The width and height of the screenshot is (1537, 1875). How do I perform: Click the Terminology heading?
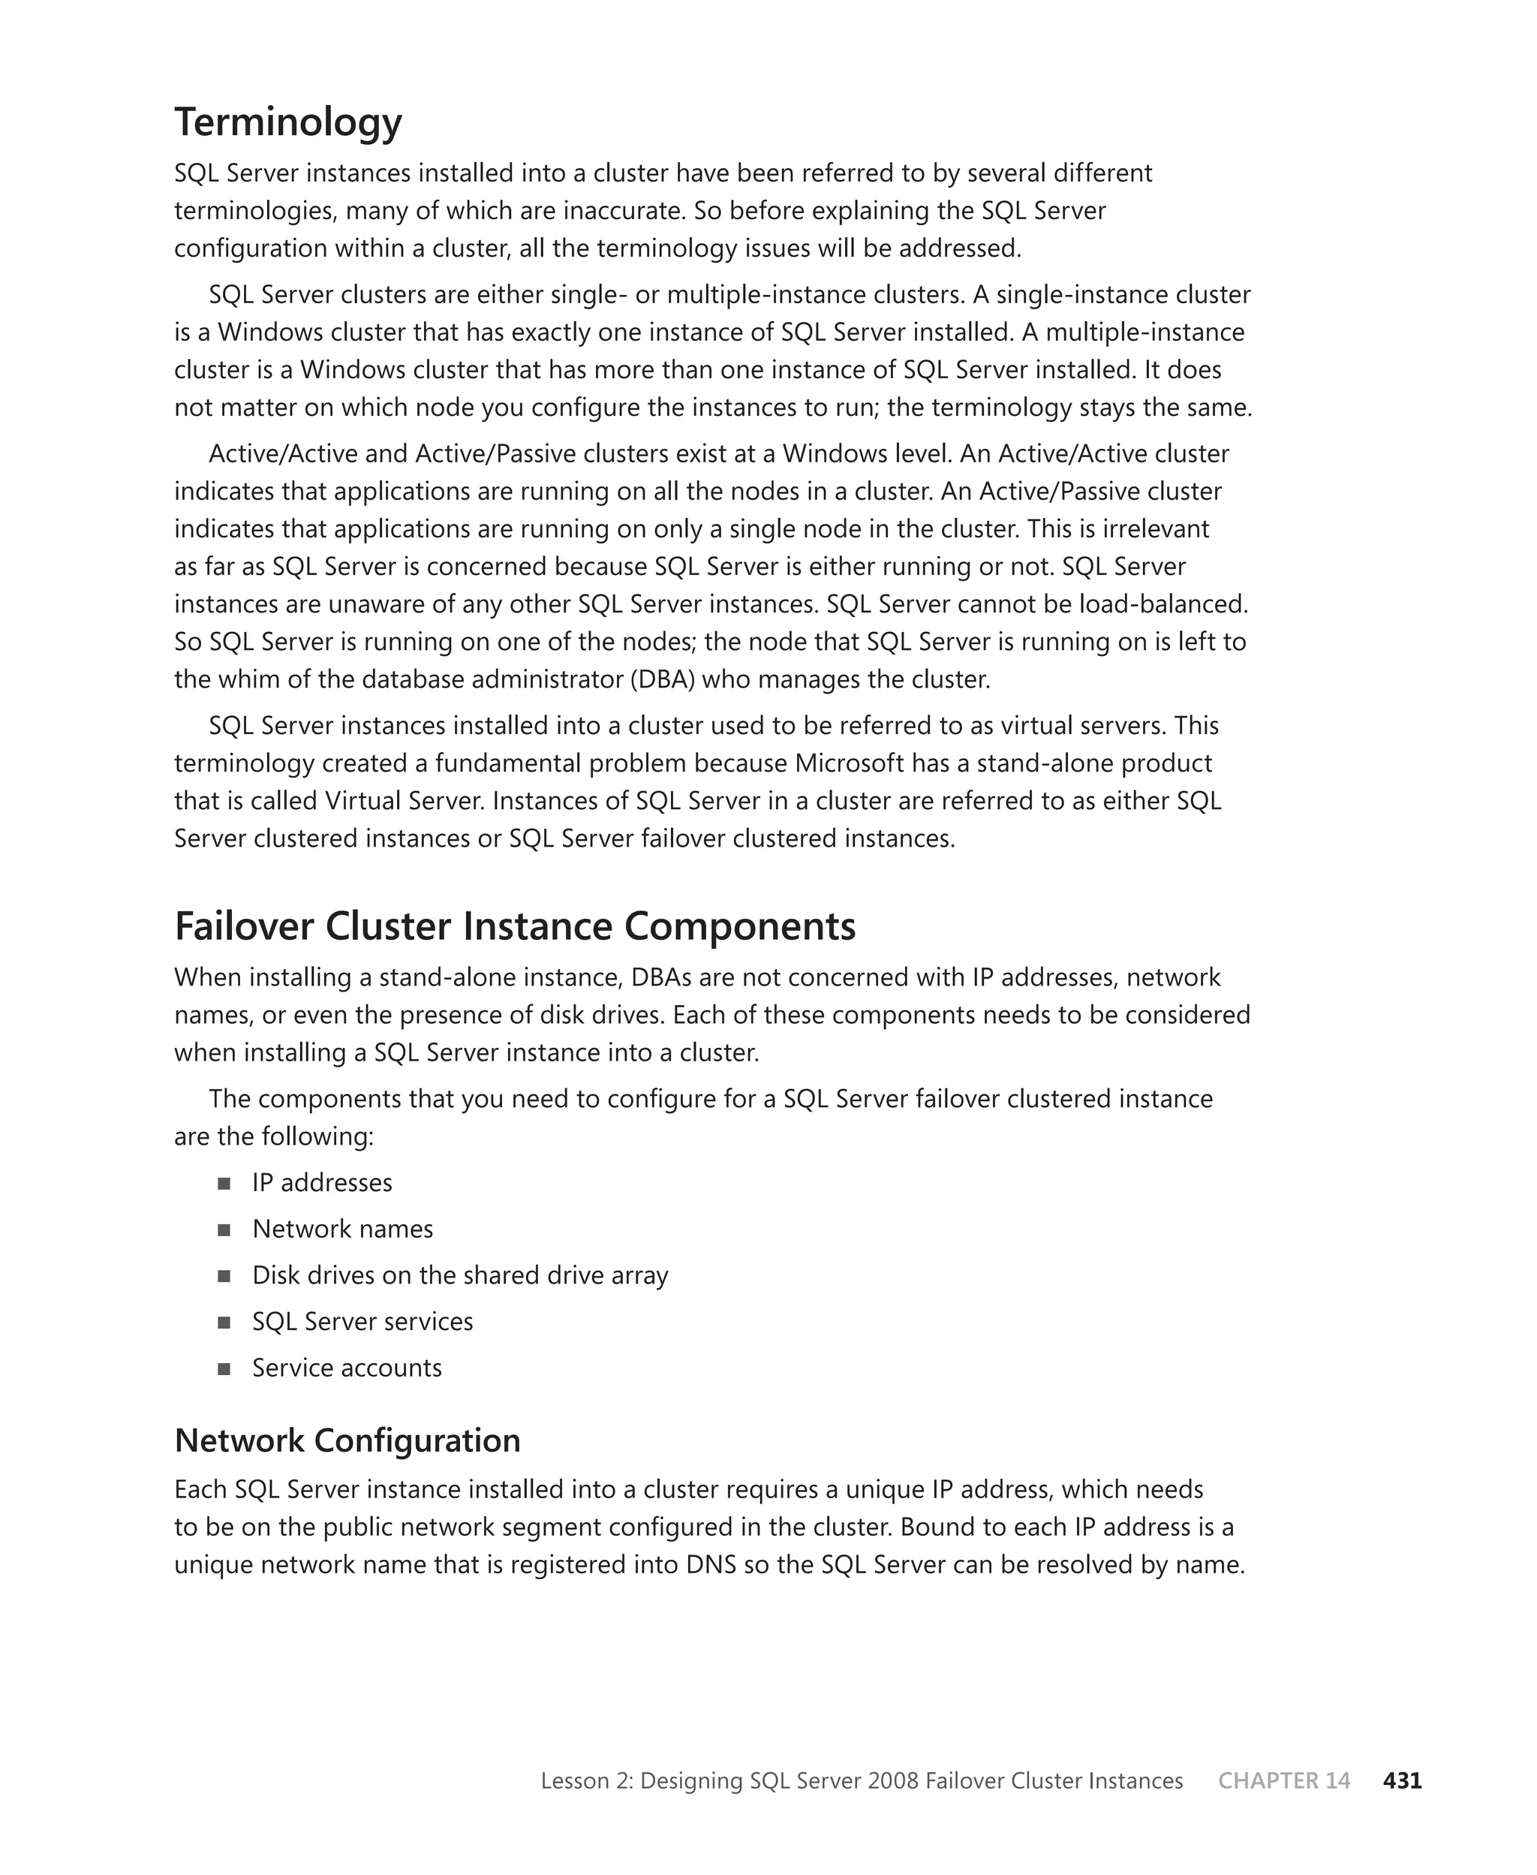(x=287, y=122)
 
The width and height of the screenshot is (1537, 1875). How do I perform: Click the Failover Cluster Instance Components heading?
(x=514, y=927)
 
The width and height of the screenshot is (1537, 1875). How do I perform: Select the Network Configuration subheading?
(x=347, y=1440)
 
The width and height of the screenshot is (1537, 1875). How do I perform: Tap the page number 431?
(x=1402, y=1780)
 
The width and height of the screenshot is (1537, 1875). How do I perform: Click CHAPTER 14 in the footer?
(x=1284, y=1780)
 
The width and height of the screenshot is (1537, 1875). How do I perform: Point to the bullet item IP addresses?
(x=321, y=1183)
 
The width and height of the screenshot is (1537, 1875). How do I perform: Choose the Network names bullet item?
(x=343, y=1229)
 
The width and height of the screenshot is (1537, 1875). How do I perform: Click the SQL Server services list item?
(x=362, y=1322)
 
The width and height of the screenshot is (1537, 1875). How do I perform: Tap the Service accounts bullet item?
(x=346, y=1368)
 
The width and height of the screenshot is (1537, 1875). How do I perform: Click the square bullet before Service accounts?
(x=224, y=1368)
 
